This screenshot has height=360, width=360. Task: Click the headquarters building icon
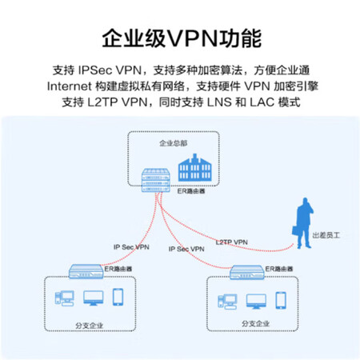pyautogui.click(x=194, y=168)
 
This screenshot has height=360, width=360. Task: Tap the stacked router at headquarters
pyautogui.click(x=156, y=180)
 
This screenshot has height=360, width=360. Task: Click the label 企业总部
pyautogui.click(x=174, y=143)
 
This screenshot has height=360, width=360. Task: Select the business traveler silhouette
pyautogui.click(x=303, y=223)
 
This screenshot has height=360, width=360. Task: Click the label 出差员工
pyautogui.click(x=326, y=235)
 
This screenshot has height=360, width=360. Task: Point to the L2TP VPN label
pyautogui.click(x=231, y=242)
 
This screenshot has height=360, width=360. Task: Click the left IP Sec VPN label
pyautogui.click(x=131, y=247)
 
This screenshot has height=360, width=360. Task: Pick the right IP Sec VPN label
pyautogui.click(x=186, y=249)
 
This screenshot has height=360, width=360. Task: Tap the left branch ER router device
pyautogui.click(x=86, y=271)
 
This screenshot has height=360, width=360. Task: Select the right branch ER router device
pyautogui.click(x=247, y=272)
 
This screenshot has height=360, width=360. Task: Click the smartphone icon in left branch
pyautogui.click(x=118, y=297)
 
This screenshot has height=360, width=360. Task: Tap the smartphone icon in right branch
pyautogui.click(x=281, y=301)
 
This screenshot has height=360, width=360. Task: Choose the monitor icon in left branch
pyautogui.click(x=94, y=298)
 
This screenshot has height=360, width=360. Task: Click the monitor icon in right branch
pyautogui.click(x=256, y=302)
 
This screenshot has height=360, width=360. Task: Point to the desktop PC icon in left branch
pyautogui.click(x=64, y=298)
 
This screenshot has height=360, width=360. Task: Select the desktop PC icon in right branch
pyautogui.click(x=227, y=302)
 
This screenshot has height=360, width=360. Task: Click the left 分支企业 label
pyautogui.click(x=89, y=326)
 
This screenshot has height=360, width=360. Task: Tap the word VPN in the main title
pyautogui.click(x=192, y=39)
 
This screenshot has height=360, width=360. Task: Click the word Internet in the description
pyautogui.click(x=70, y=86)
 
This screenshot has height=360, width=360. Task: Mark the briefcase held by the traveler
pyautogui.click(x=296, y=231)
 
